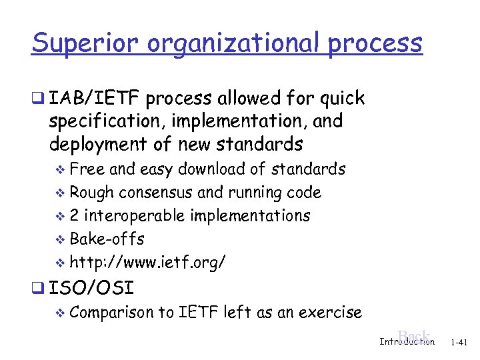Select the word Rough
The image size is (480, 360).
coord(92,193)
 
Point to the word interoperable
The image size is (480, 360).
coord(135,216)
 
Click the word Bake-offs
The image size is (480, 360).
coord(107,239)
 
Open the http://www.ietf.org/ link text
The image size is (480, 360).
coord(147,263)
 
